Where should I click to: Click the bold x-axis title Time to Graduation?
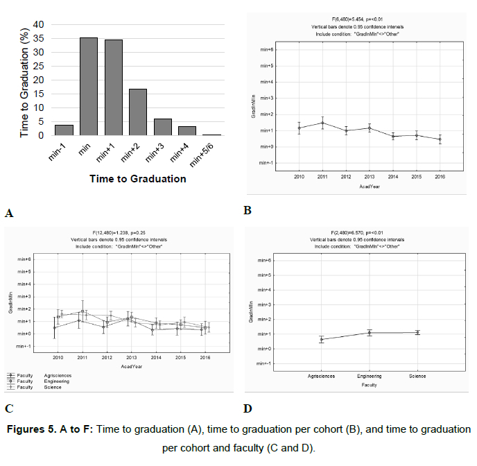point(137,178)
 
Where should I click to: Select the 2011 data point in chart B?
point(322,123)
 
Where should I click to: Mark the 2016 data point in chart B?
point(440,139)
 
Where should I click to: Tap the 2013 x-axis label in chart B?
point(370,178)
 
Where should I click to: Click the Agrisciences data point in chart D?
point(322,339)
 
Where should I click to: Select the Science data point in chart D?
point(417,333)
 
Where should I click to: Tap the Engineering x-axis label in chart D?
point(370,377)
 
